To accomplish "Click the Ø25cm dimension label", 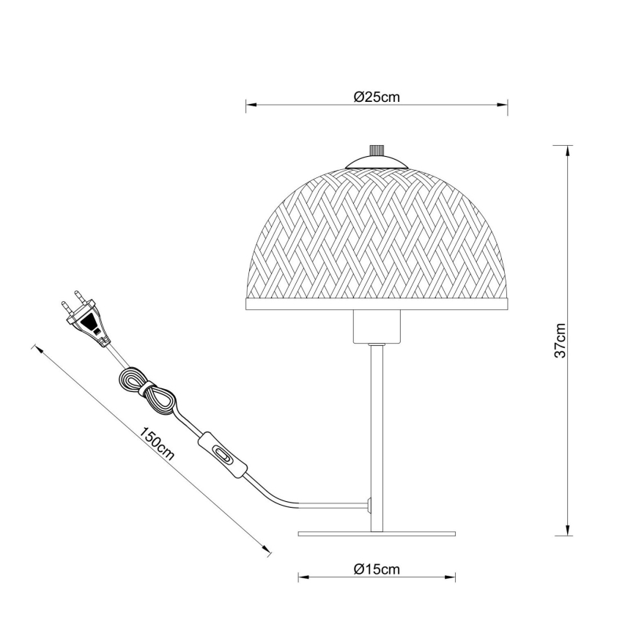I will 377,97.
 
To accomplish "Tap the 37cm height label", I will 561,340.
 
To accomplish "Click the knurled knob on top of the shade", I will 377,150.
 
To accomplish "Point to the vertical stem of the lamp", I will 377,432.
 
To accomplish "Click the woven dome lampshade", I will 377,234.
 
